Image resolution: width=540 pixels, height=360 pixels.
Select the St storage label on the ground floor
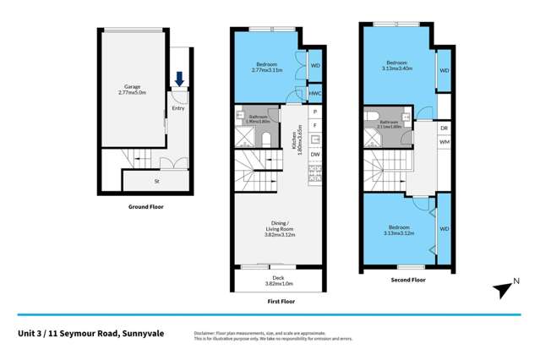156,181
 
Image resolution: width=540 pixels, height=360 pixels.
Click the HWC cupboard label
315,93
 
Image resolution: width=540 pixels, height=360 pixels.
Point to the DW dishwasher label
314,155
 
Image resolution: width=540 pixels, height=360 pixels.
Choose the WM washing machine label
445,142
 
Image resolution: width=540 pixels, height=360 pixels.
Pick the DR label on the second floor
445,128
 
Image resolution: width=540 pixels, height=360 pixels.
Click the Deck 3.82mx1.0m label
277,281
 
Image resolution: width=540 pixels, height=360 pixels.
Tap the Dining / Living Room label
277,227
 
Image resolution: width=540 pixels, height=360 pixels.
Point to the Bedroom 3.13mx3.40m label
399,66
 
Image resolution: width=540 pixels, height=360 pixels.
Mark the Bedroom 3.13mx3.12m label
399,231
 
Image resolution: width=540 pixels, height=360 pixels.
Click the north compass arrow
504,290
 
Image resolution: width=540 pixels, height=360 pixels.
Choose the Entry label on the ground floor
177,108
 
